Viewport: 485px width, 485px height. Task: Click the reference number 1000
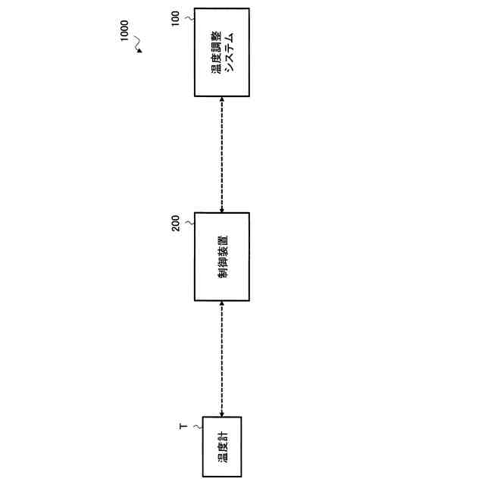[126, 32]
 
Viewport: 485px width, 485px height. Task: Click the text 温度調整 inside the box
[217, 52]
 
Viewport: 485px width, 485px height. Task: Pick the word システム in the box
[229, 52]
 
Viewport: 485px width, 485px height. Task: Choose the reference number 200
[176, 224]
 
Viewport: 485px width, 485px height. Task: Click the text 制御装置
[222, 257]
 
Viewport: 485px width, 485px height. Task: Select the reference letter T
[182, 427]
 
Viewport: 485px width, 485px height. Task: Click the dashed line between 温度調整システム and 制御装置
[221, 155]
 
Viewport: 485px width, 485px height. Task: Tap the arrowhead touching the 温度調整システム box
[221, 100]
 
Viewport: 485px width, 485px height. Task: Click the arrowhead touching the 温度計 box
[221, 414]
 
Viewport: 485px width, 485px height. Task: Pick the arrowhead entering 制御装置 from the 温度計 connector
[221, 304]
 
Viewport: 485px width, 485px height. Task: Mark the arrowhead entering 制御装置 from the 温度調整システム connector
[221, 209]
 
